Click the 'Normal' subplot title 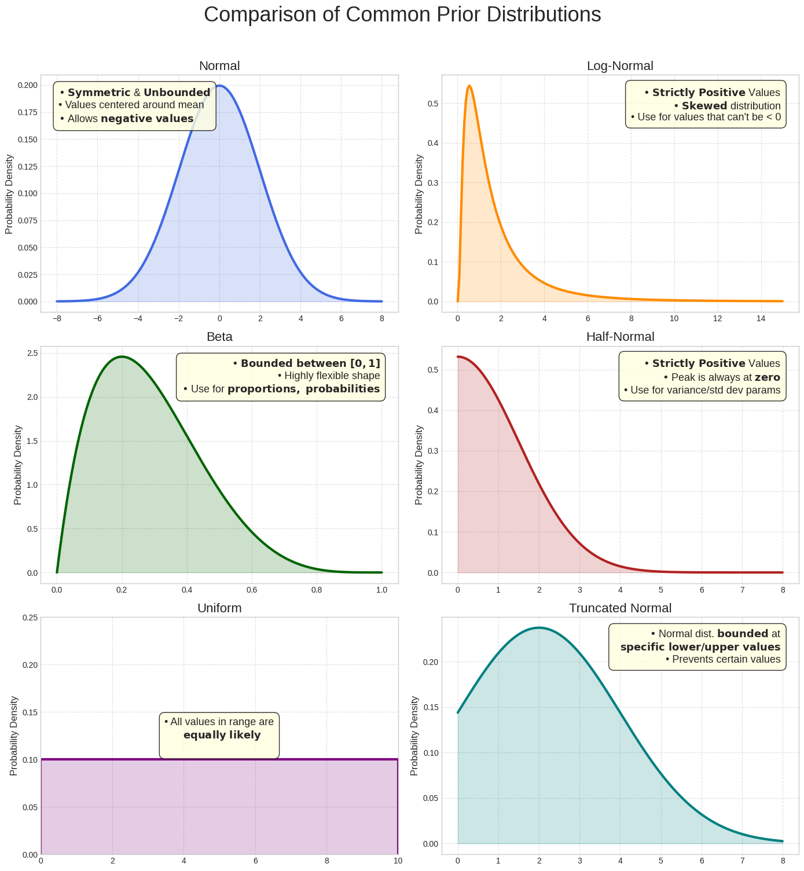click(219, 66)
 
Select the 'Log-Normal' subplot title click(620, 66)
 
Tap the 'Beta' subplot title click(219, 337)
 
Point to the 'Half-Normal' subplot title click(620, 337)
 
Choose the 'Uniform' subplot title click(219, 608)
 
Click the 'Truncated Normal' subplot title click(620, 608)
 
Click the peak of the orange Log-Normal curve click(469, 86)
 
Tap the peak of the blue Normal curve click(219, 86)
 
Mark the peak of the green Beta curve click(122, 357)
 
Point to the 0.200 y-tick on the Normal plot click(28, 86)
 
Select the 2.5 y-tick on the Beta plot click(32, 354)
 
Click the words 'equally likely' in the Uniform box click(222, 736)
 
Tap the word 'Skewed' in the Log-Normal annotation click(704, 106)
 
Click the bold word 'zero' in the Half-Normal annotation click(767, 377)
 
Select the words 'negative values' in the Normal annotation click(147, 119)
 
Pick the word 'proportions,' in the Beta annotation click(264, 389)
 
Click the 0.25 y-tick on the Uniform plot click(30, 618)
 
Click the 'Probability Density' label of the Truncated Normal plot click(414, 736)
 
